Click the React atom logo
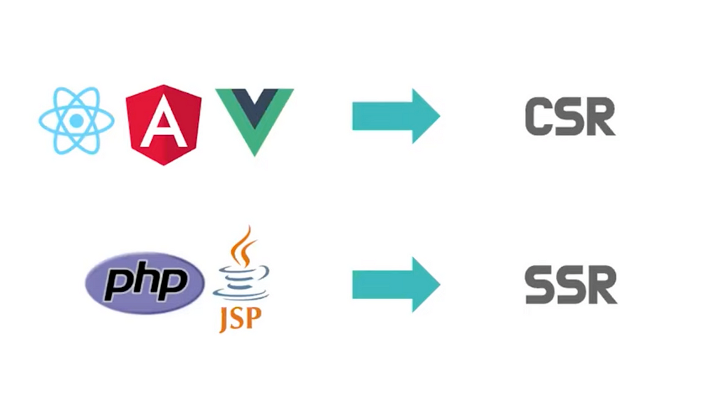[77, 121]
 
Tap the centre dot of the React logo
[77, 121]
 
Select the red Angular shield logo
[163, 125]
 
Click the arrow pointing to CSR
[396, 116]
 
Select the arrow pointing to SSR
[396, 284]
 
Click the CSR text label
[570, 117]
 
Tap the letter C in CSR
[539, 117]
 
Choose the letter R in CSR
[601, 117]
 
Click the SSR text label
[571, 285]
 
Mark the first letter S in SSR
[540, 285]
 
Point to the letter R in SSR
[602, 285]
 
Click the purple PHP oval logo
[145, 283]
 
